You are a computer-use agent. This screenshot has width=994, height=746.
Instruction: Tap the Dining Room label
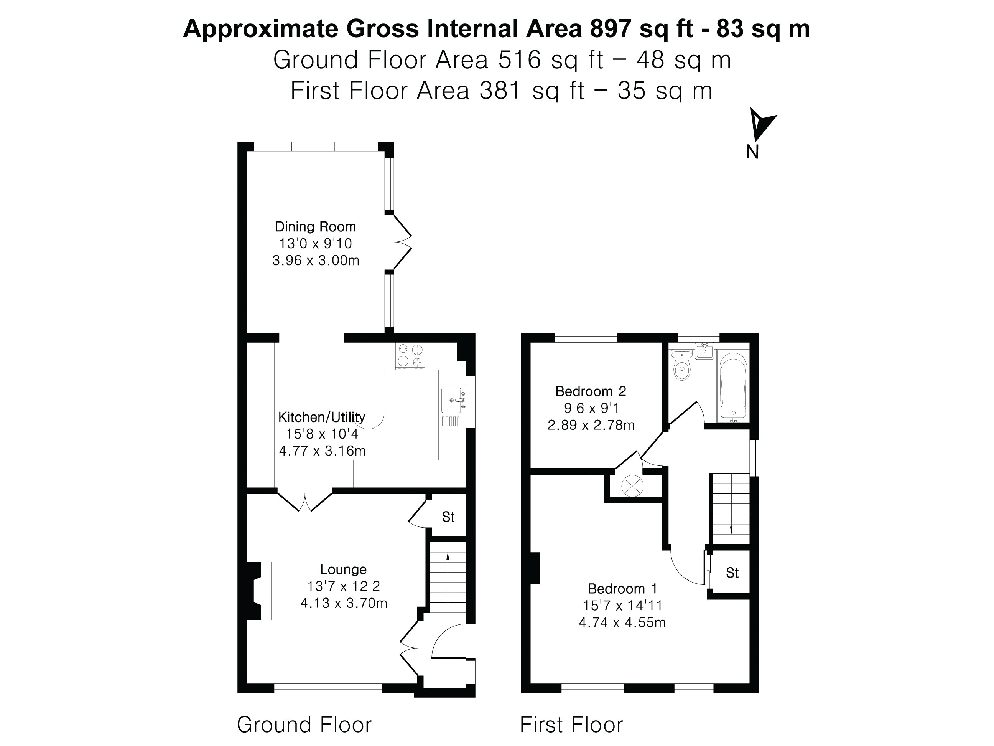click(x=316, y=227)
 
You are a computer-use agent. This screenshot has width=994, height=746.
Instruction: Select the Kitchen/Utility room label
click(x=322, y=417)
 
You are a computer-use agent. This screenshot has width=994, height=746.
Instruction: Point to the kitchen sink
click(x=452, y=400)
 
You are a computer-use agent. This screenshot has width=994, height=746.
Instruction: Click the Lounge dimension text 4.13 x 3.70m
click(x=344, y=603)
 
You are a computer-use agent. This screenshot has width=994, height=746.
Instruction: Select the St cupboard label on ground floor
click(x=448, y=517)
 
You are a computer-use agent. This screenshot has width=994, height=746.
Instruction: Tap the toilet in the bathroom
click(x=682, y=366)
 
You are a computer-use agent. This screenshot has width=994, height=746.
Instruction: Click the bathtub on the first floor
click(x=733, y=386)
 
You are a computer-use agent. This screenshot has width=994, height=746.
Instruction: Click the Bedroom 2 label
click(x=591, y=391)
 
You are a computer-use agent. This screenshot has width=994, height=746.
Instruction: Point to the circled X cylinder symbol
click(x=632, y=486)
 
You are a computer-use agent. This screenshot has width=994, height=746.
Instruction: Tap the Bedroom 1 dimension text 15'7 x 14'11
click(x=622, y=606)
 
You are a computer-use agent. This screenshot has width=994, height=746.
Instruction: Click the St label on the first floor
click(x=732, y=573)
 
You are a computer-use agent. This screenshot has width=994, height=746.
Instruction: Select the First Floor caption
click(x=571, y=725)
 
